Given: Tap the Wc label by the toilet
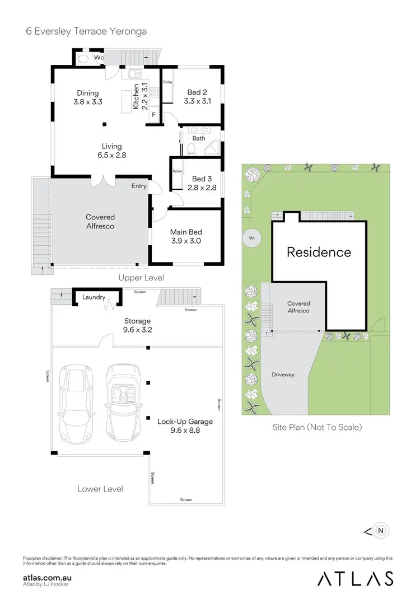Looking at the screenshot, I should [98, 57].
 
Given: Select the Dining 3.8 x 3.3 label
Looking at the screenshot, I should [87, 97].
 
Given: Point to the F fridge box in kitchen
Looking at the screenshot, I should [154, 114].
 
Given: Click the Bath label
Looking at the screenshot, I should [199, 138].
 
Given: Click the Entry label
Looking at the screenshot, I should [139, 186].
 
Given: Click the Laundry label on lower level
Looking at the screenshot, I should [94, 297].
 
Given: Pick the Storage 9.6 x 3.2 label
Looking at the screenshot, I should [137, 325].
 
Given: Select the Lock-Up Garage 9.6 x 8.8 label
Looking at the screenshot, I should [185, 426].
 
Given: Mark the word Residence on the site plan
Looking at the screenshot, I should [319, 252].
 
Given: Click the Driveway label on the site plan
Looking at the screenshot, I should [283, 375].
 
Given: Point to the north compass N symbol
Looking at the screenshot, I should [381, 530].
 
